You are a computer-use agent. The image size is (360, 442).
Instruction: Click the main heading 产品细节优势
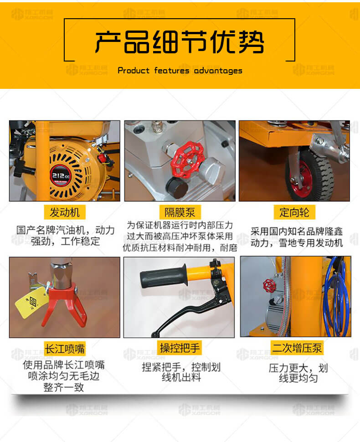point(180,42)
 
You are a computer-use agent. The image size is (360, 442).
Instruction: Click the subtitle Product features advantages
point(180,71)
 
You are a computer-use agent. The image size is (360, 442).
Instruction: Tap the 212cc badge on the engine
point(60,175)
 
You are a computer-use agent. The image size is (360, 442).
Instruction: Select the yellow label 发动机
point(65,212)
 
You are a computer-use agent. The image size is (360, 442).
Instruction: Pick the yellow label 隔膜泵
point(180,212)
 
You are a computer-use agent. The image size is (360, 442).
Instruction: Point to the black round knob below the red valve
point(177,187)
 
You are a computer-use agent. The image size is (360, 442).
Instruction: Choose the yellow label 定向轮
point(294,212)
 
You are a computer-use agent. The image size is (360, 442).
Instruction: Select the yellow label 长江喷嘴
point(65,349)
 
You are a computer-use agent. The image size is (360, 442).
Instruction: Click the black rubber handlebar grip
point(164,276)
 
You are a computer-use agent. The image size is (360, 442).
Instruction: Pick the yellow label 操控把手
point(180,348)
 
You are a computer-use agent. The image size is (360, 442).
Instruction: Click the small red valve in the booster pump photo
point(269,286)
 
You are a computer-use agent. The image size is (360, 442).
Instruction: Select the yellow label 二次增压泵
point(297,348)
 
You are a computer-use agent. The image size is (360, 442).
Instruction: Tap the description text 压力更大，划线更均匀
point(298,373)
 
